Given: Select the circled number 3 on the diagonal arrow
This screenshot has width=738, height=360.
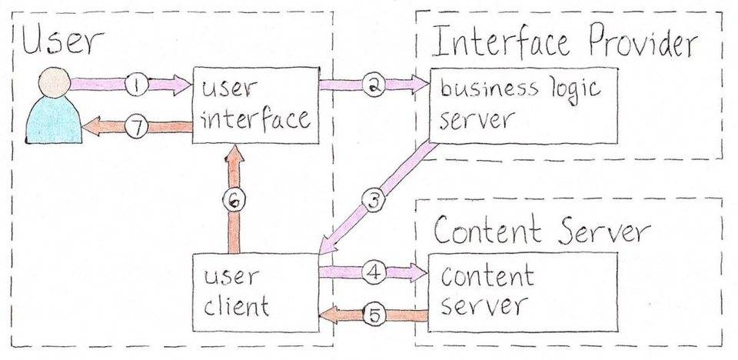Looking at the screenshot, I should point(372,202).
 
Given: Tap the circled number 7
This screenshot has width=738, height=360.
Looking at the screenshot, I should point(136,128).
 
